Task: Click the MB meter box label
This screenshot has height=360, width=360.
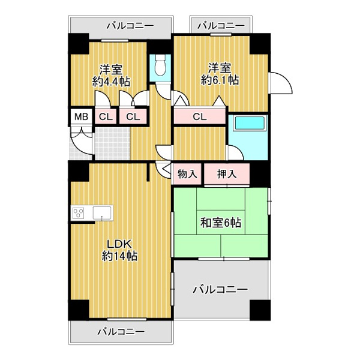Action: tap(81, 117)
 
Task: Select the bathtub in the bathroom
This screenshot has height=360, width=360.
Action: tap(250, 123)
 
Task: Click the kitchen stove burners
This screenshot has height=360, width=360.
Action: tap(78, 213)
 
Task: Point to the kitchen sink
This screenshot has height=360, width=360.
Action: tap(102, 212)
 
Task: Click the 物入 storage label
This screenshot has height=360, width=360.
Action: tap(187, 174)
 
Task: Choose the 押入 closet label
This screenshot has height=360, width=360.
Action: tap(227, 174)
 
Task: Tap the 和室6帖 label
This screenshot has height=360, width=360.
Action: tap(221, 223)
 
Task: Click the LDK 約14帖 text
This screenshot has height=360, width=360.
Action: tap(119, 250)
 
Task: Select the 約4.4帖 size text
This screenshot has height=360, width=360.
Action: tap(112, 82)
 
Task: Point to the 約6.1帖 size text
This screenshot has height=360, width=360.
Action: tap(220, 80)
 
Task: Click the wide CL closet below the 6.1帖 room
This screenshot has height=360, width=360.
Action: tap(200, 116)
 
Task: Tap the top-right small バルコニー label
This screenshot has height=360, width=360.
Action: tap(221, 25)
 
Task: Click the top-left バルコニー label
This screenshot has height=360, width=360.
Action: tap(130, 25)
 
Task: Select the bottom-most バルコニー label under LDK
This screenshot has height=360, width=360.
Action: tap(121, 332)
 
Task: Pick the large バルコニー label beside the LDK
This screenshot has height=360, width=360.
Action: tap(220, 289)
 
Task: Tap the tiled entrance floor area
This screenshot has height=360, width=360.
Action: tap(113, 143)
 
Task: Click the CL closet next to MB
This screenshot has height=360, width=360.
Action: tap(106, 117)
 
